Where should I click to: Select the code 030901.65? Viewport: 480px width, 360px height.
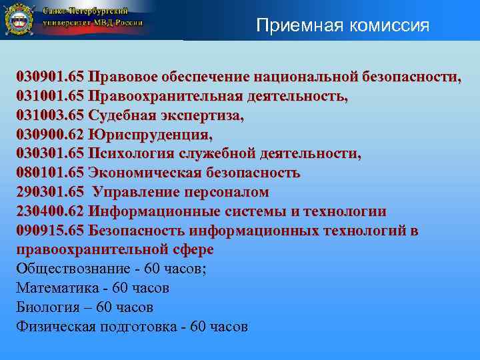[50, 76]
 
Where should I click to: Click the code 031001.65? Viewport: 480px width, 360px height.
[50, 96]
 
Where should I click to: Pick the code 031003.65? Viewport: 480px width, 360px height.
[50, 115]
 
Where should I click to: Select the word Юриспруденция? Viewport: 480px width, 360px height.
[150, 135]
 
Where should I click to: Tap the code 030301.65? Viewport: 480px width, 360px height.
[50, 154]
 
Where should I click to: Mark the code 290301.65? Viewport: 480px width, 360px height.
[50, 193]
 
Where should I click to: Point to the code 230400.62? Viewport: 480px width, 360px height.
[50, 212]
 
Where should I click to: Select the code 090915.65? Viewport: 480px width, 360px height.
[50, 231]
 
